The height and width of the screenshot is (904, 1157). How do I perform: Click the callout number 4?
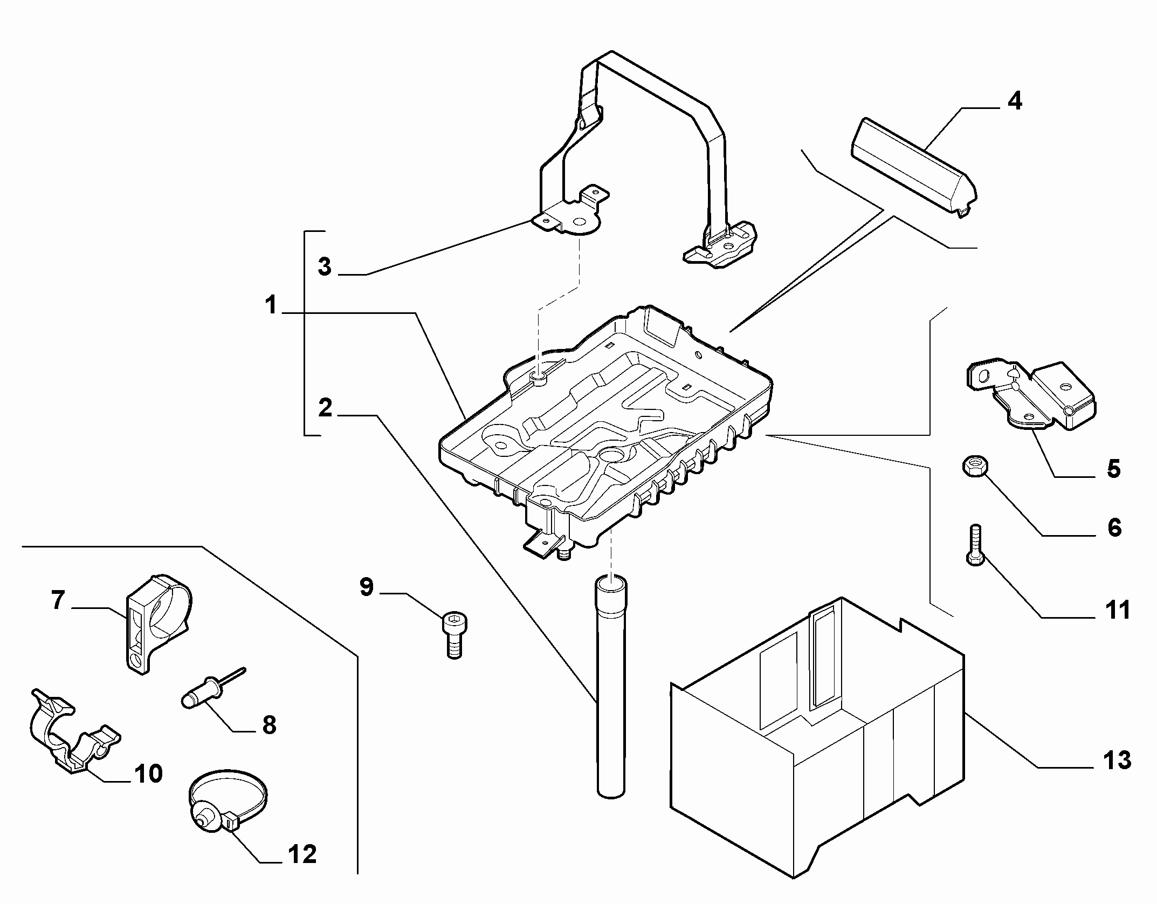coord(1015,101)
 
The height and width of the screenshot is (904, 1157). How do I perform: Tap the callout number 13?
coord(1117,760)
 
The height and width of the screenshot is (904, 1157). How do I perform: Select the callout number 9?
coord(367,586)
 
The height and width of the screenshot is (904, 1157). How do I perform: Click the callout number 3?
coord(324,266)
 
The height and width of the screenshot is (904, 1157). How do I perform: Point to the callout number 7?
coord(58,599)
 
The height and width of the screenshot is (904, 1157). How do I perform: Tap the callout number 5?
coord(1113,468)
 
